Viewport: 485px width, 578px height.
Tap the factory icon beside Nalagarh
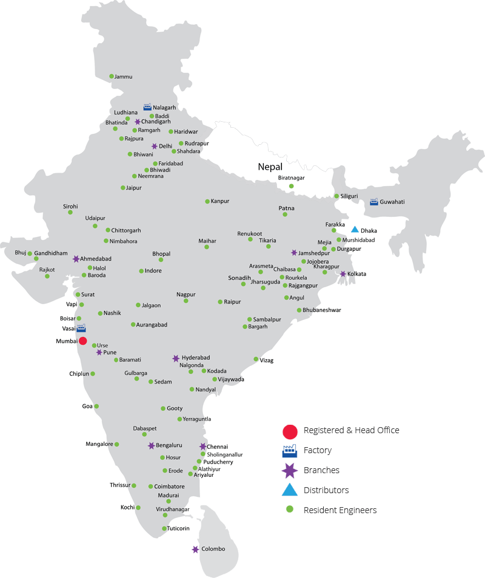[147, 107]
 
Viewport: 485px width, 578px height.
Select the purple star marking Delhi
[155, 146]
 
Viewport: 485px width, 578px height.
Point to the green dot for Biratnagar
[291, 186]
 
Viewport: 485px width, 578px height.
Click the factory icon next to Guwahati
[373, 202]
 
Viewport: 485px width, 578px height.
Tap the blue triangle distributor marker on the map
[355, 229]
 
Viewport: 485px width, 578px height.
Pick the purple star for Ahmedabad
[76, 259]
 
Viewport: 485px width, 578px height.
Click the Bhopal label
[161, 254]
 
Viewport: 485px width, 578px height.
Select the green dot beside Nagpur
[186, 301]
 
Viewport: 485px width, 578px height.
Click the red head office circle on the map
[82, 341]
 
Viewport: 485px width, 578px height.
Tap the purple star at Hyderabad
[176, 358]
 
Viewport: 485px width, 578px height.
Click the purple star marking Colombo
[195, 550]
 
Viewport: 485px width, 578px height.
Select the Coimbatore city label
[169, 487]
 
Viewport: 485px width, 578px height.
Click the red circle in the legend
[290, 431]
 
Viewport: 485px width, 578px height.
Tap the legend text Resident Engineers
[339, 510]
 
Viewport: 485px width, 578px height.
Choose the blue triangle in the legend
[290, 490]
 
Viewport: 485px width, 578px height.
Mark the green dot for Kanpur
[207, 201]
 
